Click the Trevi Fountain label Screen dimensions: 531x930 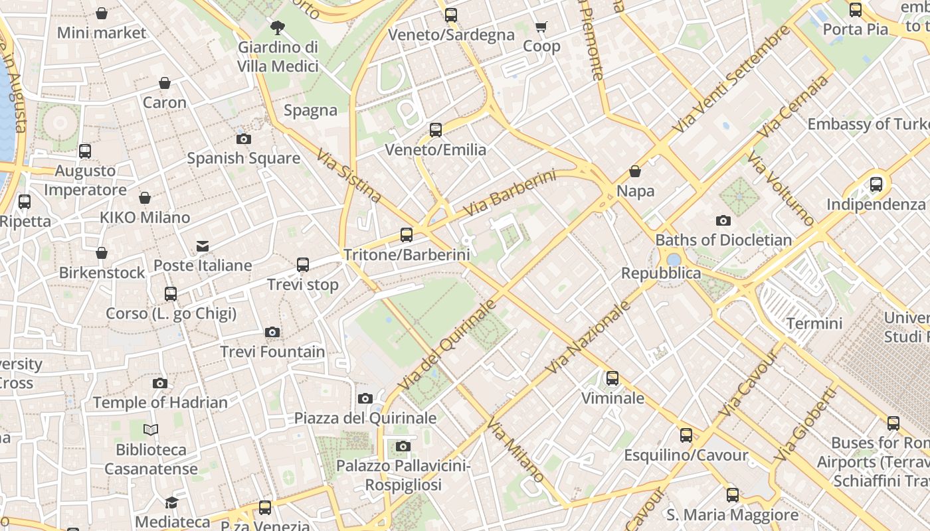[272, 352]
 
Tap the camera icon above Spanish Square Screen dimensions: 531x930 [244, 139]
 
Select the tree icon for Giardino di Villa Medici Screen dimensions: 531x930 [278, 28]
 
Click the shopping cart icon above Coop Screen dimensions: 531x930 [541, 27]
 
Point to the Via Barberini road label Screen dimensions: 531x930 [509, 193]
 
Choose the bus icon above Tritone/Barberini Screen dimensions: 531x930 [406, 234]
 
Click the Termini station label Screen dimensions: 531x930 [814, 323]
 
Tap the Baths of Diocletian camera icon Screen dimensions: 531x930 [723, 220]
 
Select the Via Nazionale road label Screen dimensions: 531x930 [587, 337]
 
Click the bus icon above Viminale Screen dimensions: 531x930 [612, 378]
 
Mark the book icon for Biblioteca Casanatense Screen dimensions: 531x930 [151, 430]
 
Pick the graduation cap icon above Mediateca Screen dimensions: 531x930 [172, 502]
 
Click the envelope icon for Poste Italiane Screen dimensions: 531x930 [203, 246]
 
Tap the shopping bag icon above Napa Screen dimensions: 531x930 [635, 171]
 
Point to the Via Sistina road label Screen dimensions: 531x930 [349, 176]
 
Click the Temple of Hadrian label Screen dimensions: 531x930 [160, 402]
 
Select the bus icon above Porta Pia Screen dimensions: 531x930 [856, 10]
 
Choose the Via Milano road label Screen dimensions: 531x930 [515, 450]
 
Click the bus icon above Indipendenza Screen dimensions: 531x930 [876, 185]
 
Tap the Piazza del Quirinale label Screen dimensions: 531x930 [365, 417]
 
